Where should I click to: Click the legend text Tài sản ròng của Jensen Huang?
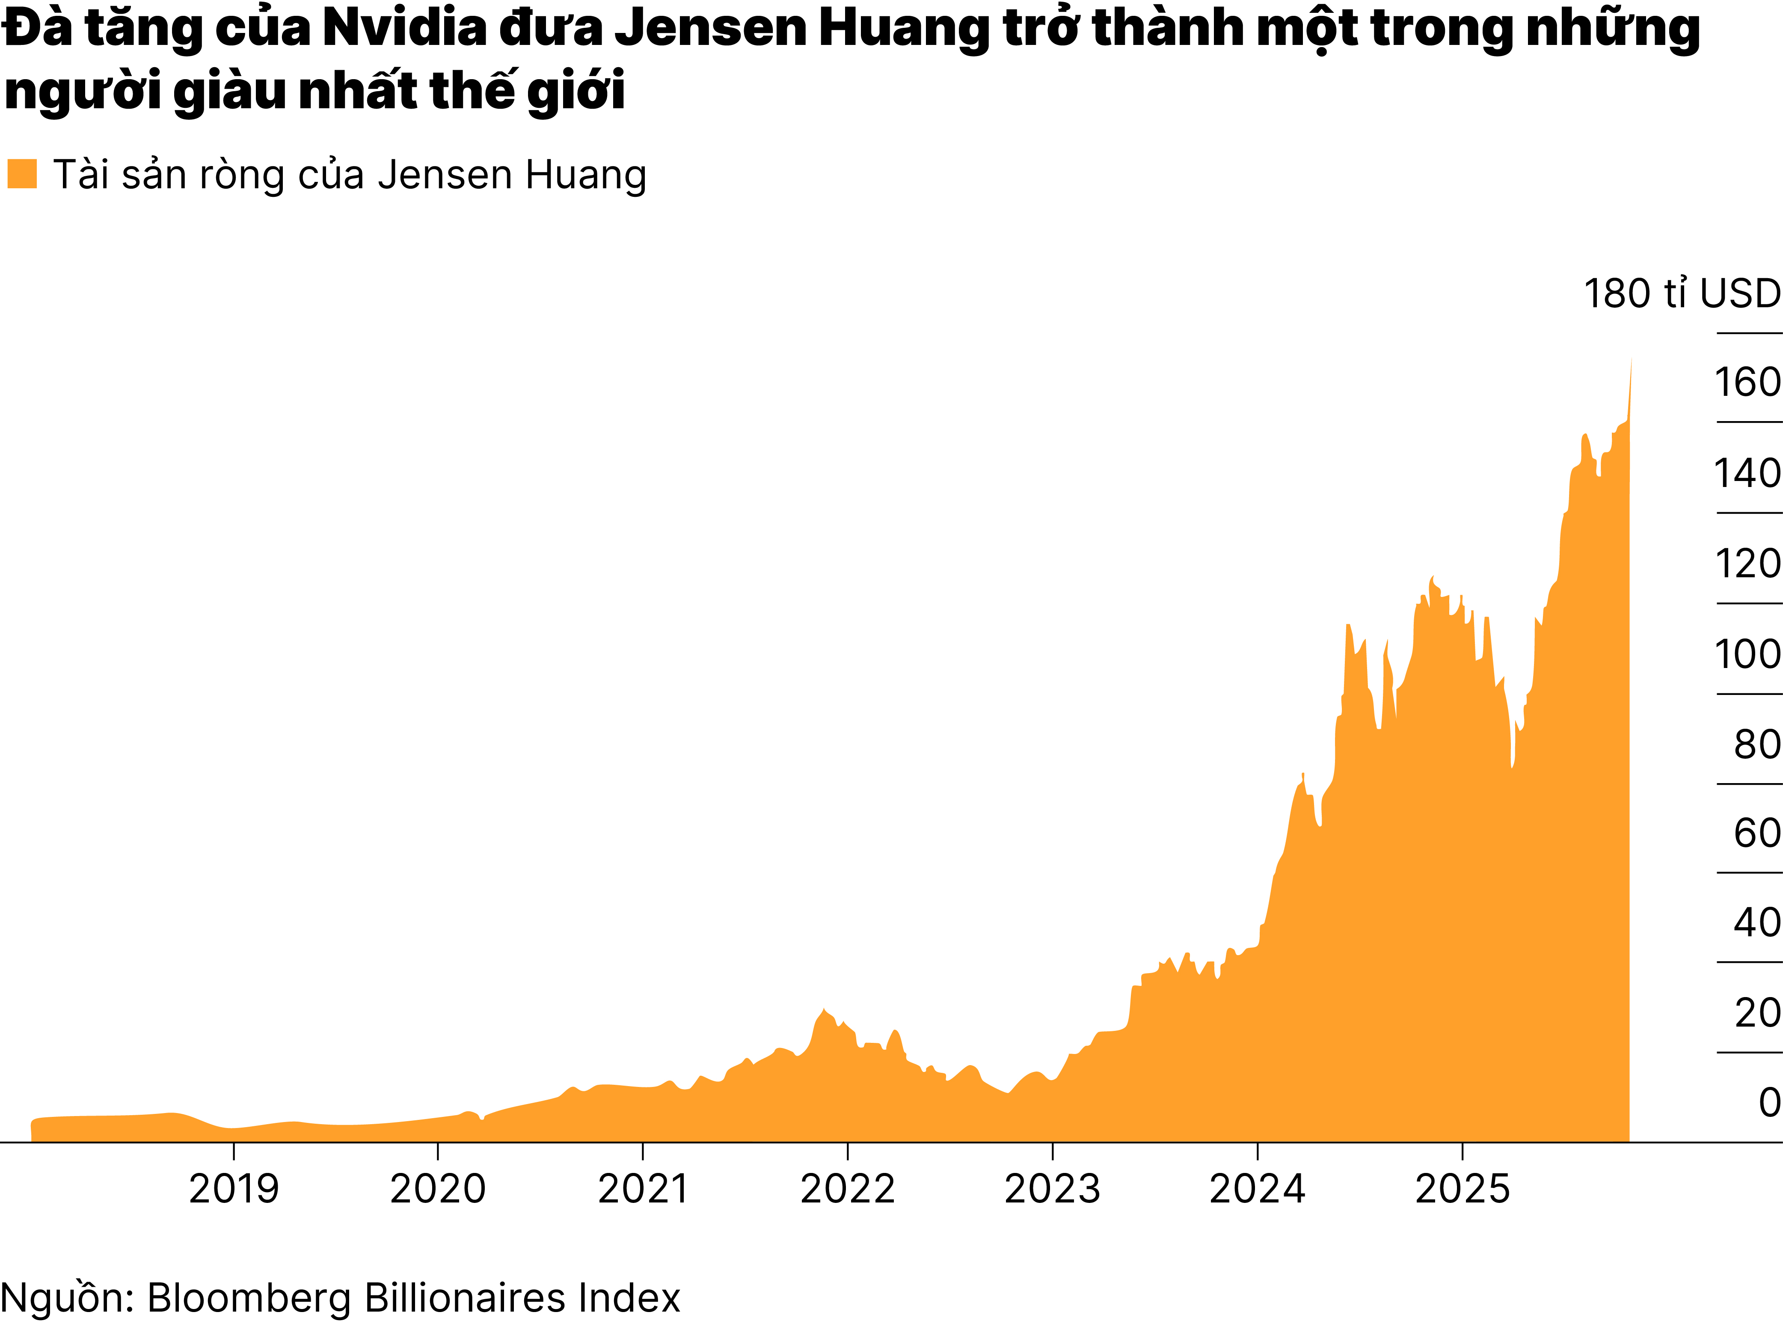point(350,175)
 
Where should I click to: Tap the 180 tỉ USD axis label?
point(1682,294)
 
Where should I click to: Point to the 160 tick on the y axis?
point(1747,383)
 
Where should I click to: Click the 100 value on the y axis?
point(1747,655)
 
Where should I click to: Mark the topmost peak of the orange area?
point(1630,360)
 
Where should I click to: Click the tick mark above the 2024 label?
point(1257,1151)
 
